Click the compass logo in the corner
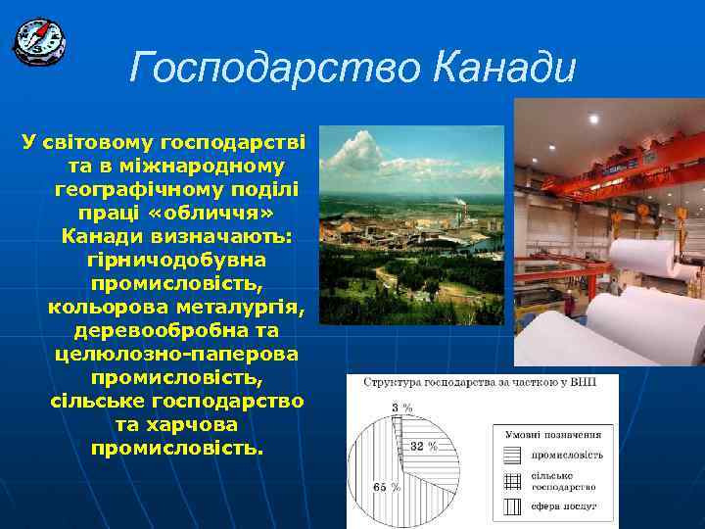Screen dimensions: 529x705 [39, 40]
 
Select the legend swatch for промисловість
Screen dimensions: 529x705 [512, 455]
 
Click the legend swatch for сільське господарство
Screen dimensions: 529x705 [512, 480]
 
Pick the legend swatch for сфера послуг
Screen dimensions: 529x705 [512, 506]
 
